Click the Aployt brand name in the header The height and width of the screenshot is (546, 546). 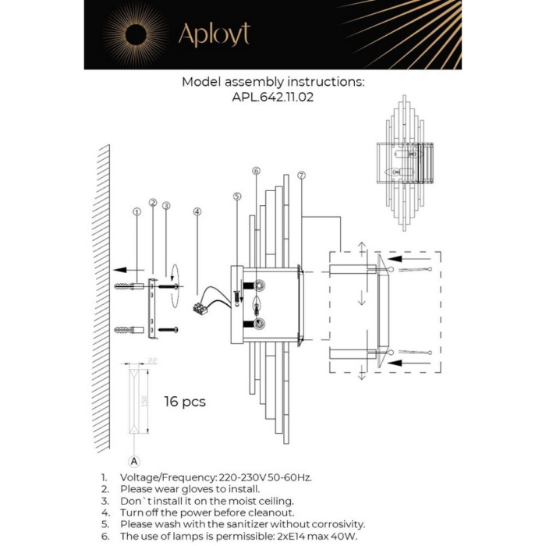click(214, 34)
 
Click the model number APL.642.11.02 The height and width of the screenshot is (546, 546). click(273, 98)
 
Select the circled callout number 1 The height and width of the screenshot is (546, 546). click(136, 211)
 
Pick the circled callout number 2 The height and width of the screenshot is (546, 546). click(153, 203)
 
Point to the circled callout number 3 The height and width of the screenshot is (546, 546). click(165, 206)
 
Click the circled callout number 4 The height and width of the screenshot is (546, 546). click(197, 211)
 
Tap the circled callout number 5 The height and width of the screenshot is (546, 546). click(237, 197)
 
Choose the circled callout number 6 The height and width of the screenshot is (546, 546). click(256, 171)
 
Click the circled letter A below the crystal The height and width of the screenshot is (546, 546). click(134, 460)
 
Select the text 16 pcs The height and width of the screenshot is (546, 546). click(185, 402)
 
